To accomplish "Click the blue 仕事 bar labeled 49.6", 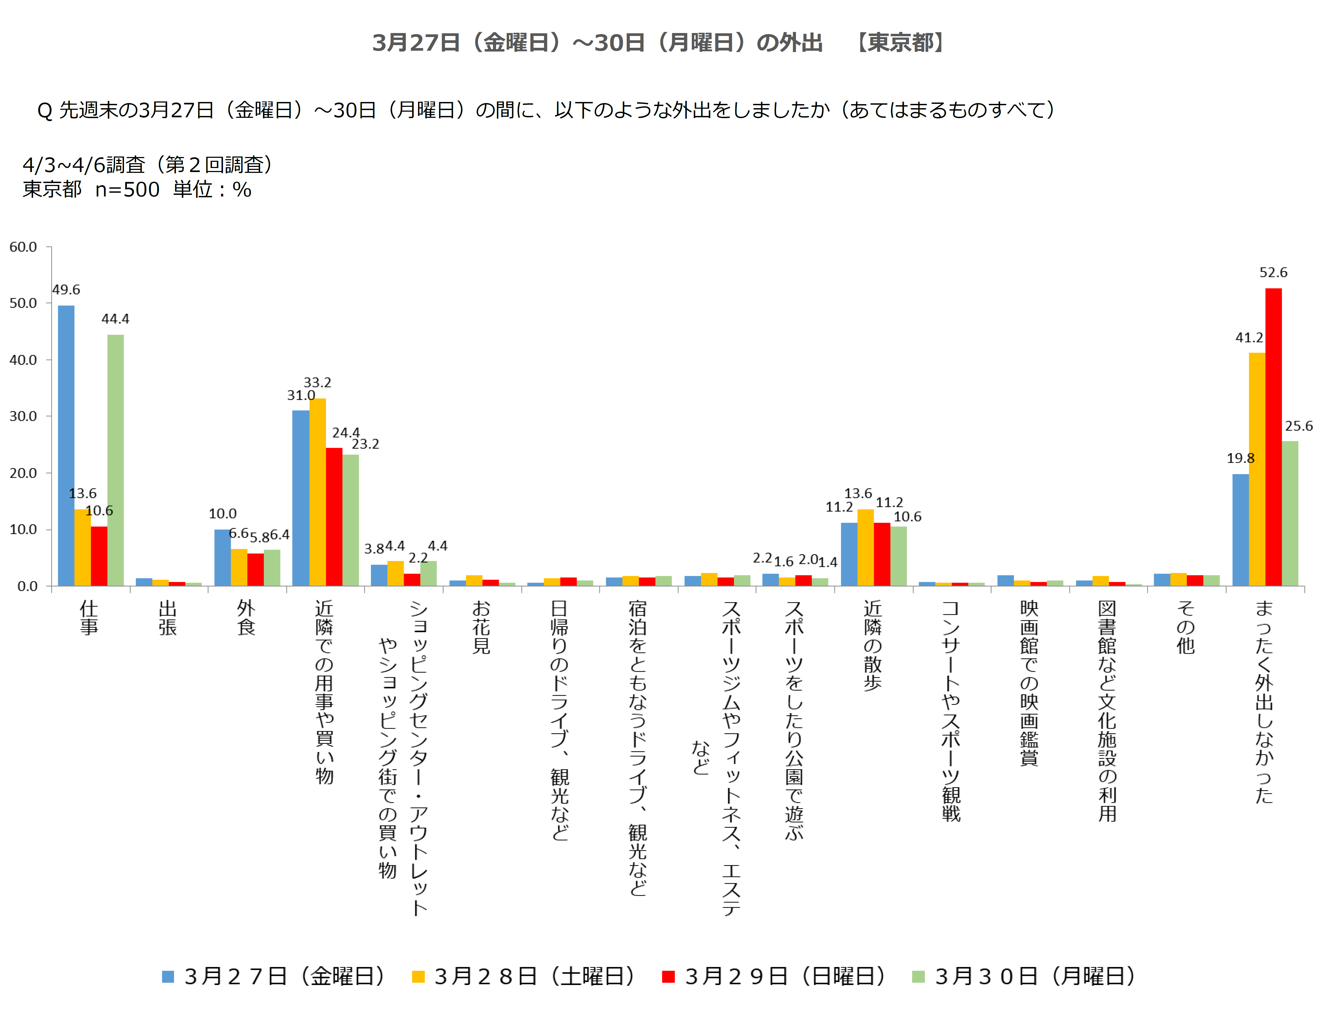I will point(66,445).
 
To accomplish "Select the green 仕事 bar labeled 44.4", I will point(115,460).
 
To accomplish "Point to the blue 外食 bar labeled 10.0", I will point(222,557).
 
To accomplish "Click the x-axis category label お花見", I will point(481,627).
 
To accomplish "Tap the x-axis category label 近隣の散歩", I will point(872,645).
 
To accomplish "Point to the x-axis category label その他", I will point(1186,627).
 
